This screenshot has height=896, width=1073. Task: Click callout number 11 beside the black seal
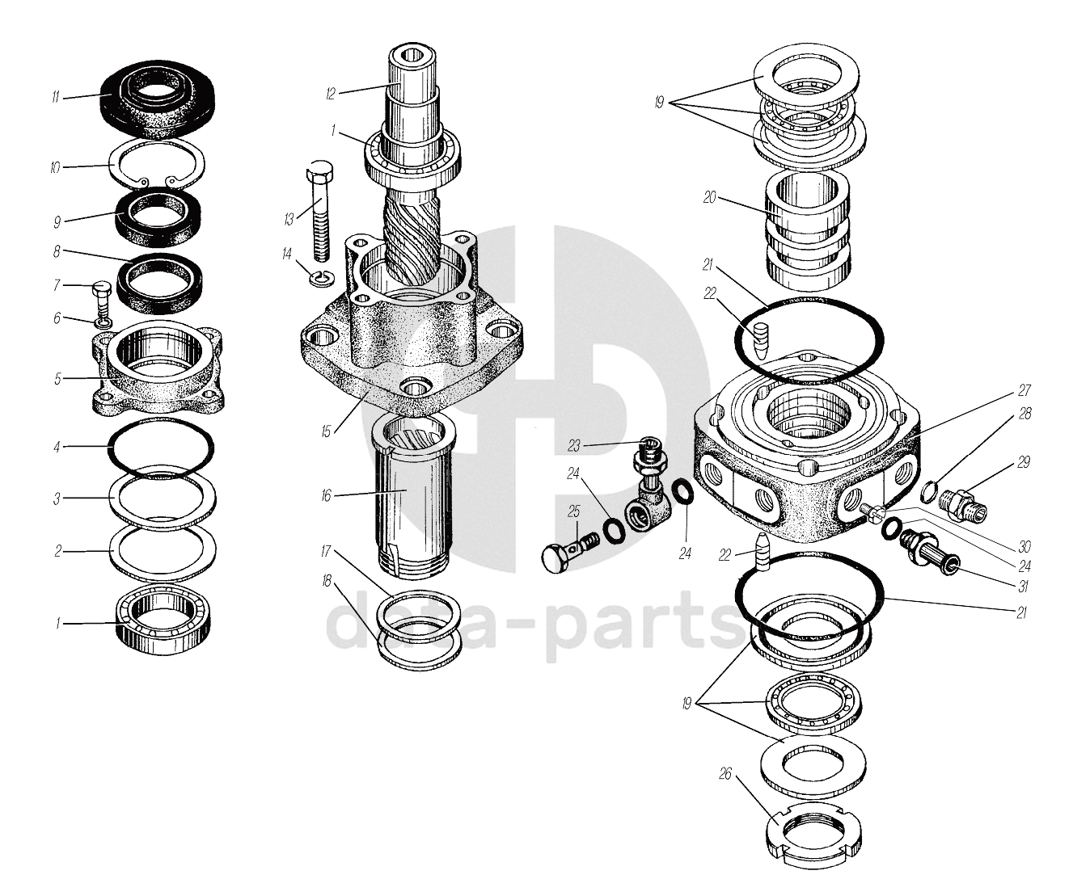tap(56, 97)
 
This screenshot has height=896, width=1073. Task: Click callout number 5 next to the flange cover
tap(57, 379)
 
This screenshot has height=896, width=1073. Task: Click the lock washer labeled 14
tap(322, 278)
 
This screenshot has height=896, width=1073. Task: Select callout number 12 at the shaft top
tap(331, 94)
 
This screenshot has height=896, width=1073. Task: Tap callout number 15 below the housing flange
tap(326, 431)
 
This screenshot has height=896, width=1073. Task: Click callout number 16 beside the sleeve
tap(326, 496)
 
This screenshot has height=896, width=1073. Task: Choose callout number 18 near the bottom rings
tap(327, 580)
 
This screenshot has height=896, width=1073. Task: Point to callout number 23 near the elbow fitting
tap(573, 446)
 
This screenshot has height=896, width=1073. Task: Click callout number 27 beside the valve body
tap(1024, 391)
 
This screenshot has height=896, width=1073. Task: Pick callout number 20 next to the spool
tap(709, 198)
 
